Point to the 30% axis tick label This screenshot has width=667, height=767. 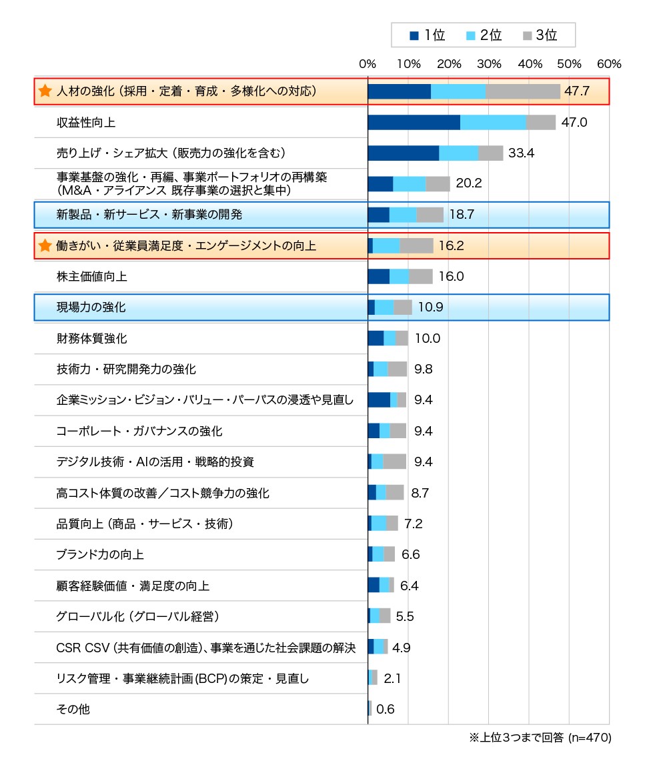pyautogui.click(x=489, y=64)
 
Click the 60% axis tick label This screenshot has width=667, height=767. pyautogui.click(x=610, y=64)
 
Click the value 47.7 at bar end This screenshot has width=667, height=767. pyautogui.click(x=577, y=91)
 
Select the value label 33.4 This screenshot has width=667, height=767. pyautogui.click(x=521, y=153)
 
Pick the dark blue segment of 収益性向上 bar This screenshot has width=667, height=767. pyautogui.click(x=414, y=122)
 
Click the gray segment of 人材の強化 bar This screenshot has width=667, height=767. pyautogui.click(x=523, y=91)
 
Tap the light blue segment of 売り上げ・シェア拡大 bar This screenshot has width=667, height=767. pyautogui.click(x=458, y=153)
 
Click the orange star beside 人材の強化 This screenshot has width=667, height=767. pyautogui.click(x=45, y=91)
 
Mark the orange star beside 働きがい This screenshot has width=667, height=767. pyautogui.click(x=45, y=246)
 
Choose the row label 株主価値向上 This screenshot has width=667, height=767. pyautogui.click(x=92, y=277)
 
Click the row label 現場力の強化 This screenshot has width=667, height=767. pyautogui.click(x=91, y=307)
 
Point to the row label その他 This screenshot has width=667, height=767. pyautogui.click(x=73, y=710)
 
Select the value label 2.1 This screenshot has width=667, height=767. pyautogui.click(x=392, y=678)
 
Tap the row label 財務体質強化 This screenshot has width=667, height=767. pyautogui.click(x=92, y=338)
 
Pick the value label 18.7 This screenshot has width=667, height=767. pyautogui.click(x=462, y=215)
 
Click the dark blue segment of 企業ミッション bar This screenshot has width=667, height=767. pyautogui.click(x=379, y=400)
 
